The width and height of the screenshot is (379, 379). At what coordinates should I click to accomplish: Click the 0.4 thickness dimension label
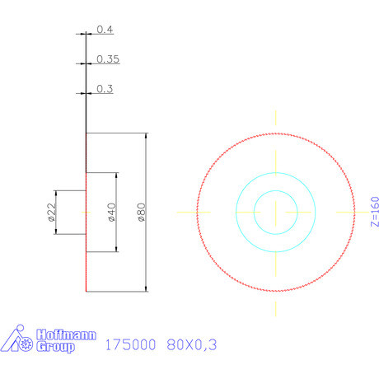click(105, 30)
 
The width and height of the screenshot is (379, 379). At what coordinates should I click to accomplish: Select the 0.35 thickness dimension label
click(108, 59)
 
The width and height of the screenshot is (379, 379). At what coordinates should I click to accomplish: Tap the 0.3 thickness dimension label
click(105, 89)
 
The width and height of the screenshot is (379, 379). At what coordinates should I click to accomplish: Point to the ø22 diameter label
click(50, 213)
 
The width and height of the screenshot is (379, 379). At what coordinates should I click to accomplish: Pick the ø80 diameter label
click(140, 213)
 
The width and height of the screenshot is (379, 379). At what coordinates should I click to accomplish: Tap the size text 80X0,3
click(191, 346)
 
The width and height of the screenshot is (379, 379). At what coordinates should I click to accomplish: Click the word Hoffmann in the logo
click(68, 335)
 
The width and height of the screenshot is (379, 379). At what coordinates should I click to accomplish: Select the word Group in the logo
click(55, 348)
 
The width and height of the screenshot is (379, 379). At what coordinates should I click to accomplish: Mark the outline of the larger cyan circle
click(275, 172)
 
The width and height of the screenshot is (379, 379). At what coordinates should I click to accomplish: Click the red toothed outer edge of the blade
click(275, 133)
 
